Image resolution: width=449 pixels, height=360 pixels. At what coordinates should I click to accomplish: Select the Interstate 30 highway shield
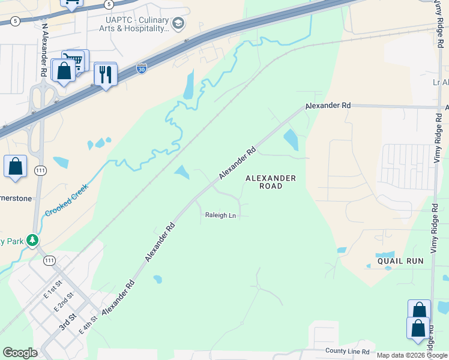click(141, 69)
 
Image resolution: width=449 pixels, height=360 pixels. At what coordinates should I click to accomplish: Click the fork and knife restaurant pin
click(106, 75)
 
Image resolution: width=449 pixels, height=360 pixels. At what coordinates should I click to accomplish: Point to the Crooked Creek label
click(67, 200)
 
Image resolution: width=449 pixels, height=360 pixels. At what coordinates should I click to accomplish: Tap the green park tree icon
click(32, 241)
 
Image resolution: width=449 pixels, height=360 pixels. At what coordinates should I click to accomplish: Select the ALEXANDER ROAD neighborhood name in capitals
click(270, 182)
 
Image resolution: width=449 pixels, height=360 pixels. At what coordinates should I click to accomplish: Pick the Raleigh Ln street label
click(220, 215)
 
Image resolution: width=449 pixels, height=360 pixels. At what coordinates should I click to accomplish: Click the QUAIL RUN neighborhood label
click(400, 261)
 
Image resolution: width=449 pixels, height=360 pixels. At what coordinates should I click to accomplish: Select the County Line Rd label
click(348, 350)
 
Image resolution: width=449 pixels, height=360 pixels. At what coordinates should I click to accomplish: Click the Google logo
click(19, 353)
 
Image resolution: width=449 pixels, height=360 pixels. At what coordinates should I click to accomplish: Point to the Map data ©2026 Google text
click(412, 355)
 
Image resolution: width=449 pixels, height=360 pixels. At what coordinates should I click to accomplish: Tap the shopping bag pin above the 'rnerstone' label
click(15, 166)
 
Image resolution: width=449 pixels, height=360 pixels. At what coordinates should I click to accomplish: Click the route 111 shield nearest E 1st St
click(49, 260)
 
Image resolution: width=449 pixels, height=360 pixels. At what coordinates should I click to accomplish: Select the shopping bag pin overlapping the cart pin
click(64, 71)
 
